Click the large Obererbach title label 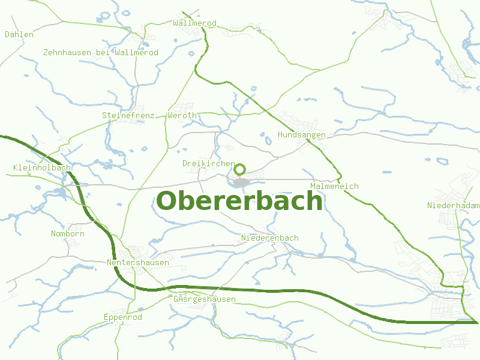(239, 201)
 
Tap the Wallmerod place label (194, 23)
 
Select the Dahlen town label (19, 35)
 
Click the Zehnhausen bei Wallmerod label (101, 53)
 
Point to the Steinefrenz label (128, 115)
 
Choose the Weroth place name (182, 115)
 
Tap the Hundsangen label (301, 135)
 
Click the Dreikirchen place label (208, 163)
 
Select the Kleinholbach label (42, 167)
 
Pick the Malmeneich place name (334, 187)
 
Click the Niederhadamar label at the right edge (454, 206)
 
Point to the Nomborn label (68, 234)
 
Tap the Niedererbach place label (269, 238)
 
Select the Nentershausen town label (137, 263)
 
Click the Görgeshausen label (204, 299)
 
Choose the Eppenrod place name (122, 317)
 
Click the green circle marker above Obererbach (240, 169)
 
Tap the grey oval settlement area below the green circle (241, 182)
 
